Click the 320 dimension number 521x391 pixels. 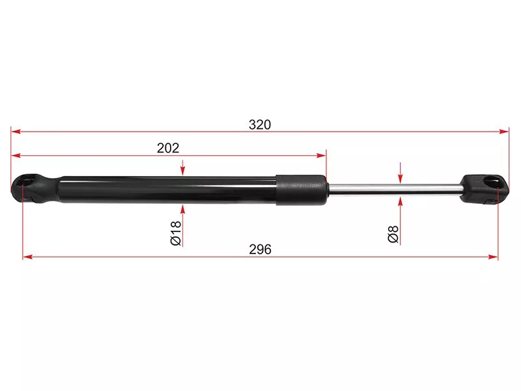[260, 124]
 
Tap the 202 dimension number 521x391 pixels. [168, 148]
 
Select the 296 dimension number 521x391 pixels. [260, 250]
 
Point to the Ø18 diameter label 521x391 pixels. [176, 233]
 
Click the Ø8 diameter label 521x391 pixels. [393, 234]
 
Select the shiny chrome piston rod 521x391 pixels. [395, 188]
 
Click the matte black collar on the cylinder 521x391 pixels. [301, 190]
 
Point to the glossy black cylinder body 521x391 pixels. [168, 190]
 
